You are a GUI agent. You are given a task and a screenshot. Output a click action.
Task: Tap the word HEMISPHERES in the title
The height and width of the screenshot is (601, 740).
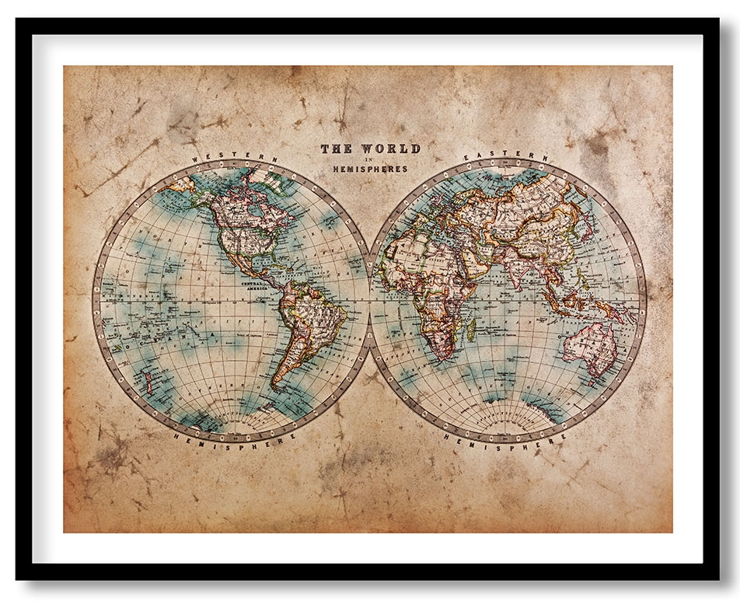pos(370,168)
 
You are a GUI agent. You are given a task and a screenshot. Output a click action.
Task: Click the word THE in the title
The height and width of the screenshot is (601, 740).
pos(337,148)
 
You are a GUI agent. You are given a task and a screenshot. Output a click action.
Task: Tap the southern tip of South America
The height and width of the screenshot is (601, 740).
pos(276,387)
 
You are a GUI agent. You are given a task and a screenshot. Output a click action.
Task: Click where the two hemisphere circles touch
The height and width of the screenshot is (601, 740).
pos(369,300)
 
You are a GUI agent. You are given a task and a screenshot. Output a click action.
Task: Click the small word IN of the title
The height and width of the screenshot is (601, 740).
pos(370,158)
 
